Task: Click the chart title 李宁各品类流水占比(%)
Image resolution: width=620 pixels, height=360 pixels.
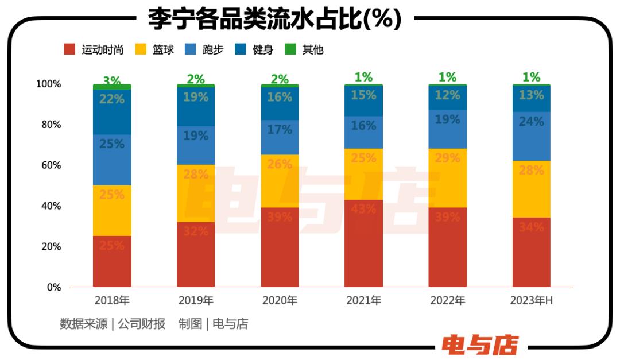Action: (274, 18)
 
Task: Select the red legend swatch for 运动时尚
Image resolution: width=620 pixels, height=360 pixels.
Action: (69, 49)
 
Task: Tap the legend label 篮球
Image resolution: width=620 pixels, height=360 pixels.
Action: (164, 50)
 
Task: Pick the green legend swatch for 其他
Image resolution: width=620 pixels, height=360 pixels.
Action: (290, 49)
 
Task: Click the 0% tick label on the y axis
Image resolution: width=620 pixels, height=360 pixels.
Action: (54, 287)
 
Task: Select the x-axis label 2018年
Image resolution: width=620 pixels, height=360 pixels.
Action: (112, 300)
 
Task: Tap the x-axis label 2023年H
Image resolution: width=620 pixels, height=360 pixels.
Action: (532, 300)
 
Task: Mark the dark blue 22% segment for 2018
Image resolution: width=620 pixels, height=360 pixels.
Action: (112, 112)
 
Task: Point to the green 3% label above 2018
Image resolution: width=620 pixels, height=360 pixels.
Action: (112, 80)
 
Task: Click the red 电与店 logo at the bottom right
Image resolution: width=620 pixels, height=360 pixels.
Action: (480, 344)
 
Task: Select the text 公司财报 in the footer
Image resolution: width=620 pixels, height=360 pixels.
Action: (142, 324)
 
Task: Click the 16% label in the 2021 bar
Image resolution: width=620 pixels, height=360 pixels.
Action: (363, 126)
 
